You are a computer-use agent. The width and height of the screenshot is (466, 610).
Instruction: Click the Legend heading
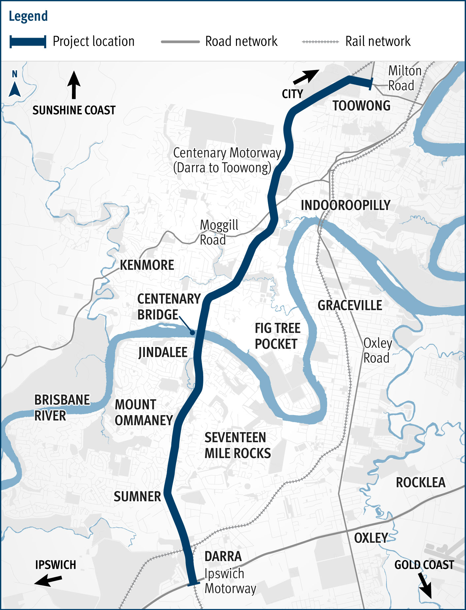[28, 16]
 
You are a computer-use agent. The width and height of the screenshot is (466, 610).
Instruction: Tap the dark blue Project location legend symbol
[28, 42]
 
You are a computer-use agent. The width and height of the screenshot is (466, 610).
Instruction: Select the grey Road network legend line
[180, 42]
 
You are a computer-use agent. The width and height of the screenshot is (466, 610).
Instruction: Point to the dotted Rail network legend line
[320, 42]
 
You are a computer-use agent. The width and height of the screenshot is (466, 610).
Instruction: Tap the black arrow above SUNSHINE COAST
[74, 85]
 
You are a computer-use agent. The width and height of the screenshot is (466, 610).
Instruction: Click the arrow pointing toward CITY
[306, 77]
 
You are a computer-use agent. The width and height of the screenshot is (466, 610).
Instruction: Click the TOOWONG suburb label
[361, 106]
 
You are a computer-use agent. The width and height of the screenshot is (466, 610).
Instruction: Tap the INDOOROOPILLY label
[346, 205]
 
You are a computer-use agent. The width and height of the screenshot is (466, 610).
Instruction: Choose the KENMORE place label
[147, 265]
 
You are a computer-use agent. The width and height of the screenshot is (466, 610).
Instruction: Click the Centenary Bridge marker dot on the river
[192, 333]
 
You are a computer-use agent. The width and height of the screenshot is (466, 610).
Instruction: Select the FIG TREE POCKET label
[277, 336]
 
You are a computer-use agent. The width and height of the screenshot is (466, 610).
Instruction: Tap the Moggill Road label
[219, 232]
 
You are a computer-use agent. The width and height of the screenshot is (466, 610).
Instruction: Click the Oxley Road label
[377, 351]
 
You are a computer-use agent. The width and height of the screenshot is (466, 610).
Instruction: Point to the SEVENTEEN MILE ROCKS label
[237, 445]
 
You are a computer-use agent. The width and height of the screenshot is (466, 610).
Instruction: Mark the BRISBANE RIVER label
[62, 407]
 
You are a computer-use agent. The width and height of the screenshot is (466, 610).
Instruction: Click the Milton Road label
[404, 78]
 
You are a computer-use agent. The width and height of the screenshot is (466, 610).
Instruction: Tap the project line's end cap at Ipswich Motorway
[193, 584]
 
